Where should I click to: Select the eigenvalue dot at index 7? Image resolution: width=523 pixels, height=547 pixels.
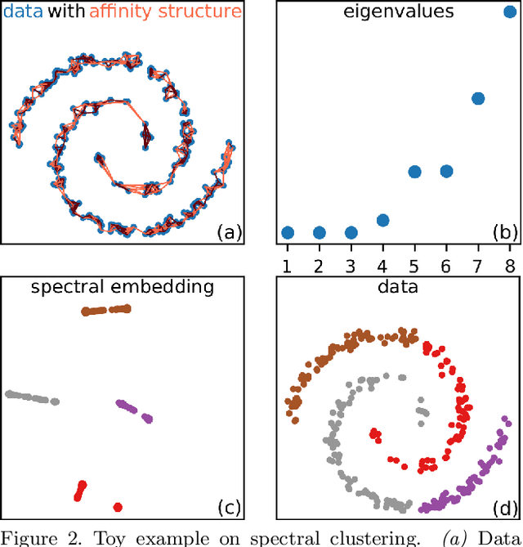tap(478, 99)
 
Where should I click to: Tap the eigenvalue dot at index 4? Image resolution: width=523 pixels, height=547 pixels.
tap(382, 220)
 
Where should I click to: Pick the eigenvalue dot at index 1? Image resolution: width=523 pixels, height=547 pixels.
tap(287, 232)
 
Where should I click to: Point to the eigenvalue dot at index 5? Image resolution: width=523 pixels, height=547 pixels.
tap(414, 172)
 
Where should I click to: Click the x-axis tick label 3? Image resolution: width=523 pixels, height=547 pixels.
tap(351, 266)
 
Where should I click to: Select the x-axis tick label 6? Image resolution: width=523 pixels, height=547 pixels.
tap(446, 266)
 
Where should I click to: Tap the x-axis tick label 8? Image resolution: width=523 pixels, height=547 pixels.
tap(510, 266)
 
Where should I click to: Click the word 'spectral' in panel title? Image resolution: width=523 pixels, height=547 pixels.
tap(65, 287)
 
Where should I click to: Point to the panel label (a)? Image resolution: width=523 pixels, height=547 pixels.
tap(229, 232)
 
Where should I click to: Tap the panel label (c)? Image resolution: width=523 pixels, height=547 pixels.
tap(229, 508)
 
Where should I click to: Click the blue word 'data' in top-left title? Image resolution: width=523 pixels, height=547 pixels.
tap(20, 11)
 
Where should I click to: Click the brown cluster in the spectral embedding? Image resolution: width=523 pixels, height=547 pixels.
tap(106, 310)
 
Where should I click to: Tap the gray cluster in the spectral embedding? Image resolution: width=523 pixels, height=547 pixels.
tap(31, 397)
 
